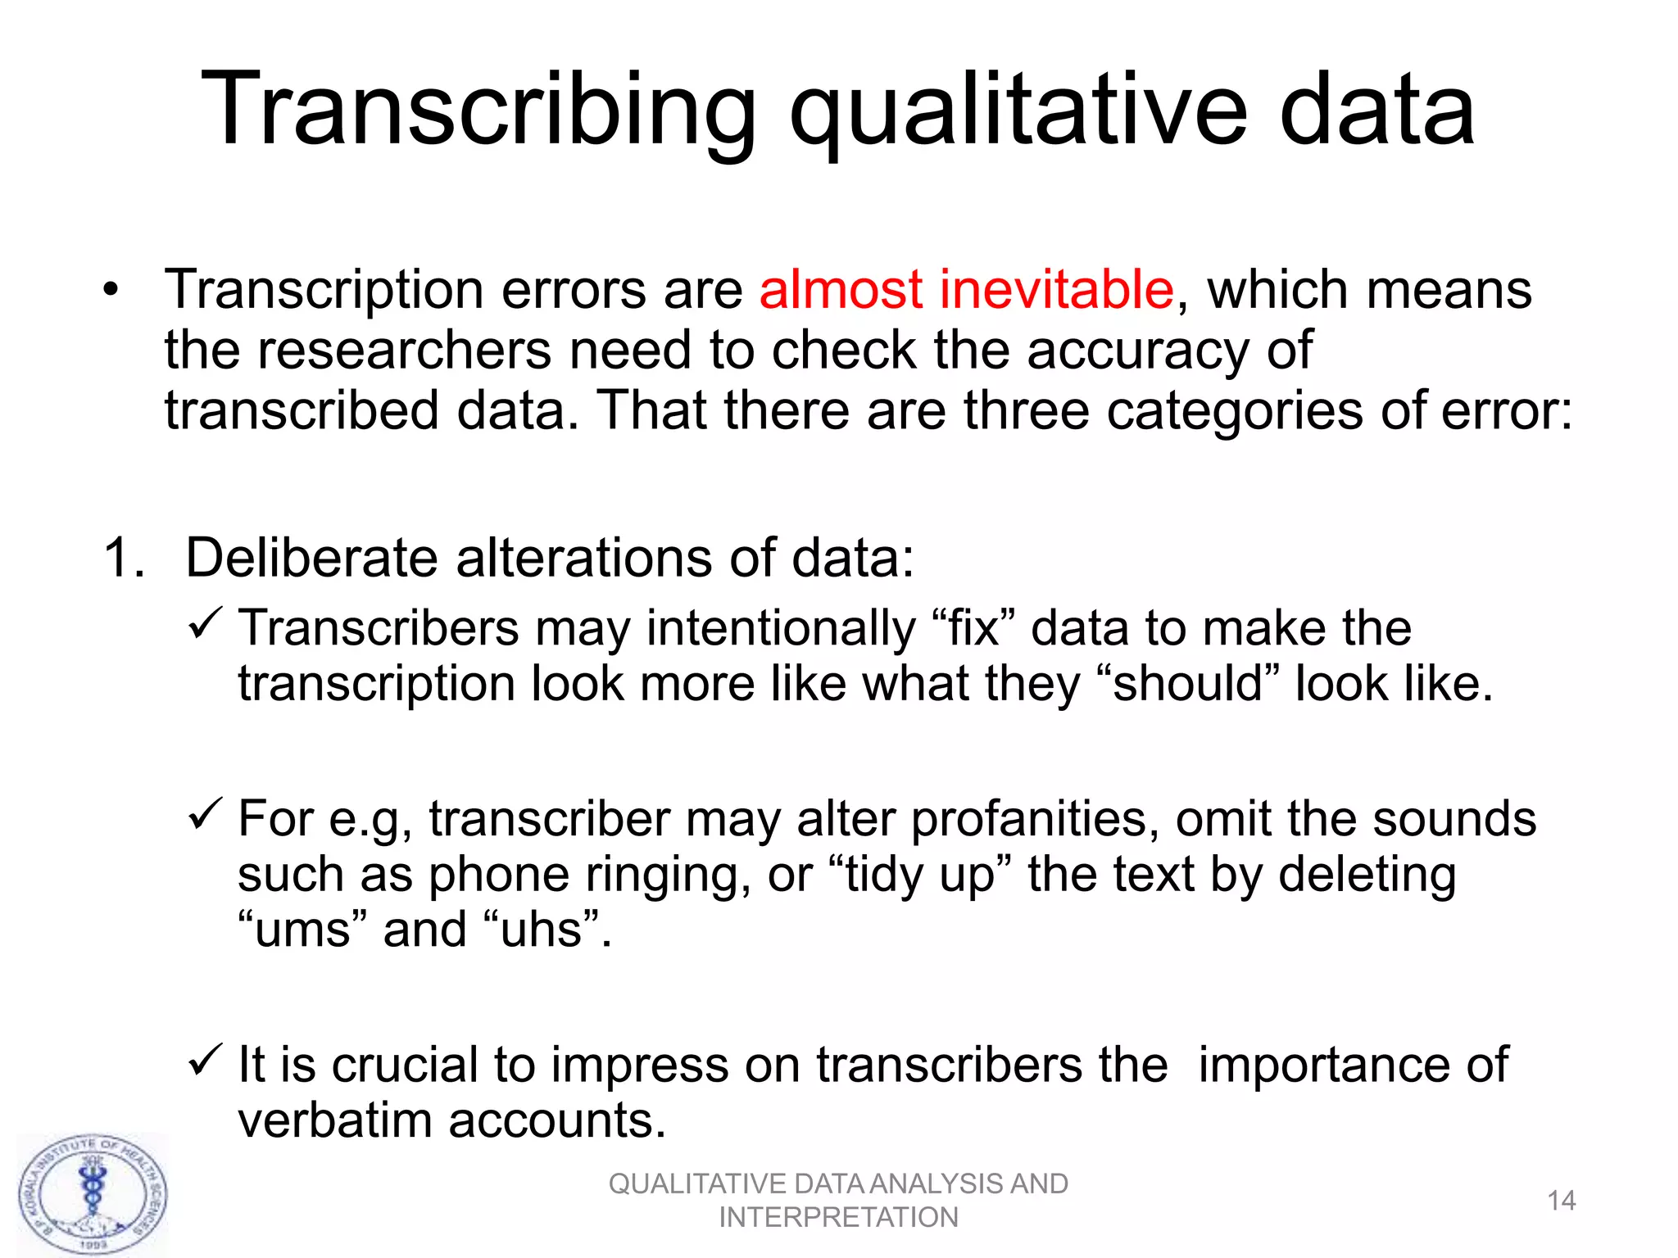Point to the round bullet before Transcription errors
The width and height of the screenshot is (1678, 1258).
point(111,292)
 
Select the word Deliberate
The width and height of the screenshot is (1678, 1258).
point(312,559)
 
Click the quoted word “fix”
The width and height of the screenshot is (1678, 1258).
point(973,629)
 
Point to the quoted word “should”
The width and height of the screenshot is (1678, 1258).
point(1186,684)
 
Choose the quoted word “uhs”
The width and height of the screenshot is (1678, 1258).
point(542,930)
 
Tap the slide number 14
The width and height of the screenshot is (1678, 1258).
point(1561,1201)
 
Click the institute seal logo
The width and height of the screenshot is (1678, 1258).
point(93,1195)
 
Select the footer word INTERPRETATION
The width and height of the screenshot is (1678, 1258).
point(838,1218)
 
